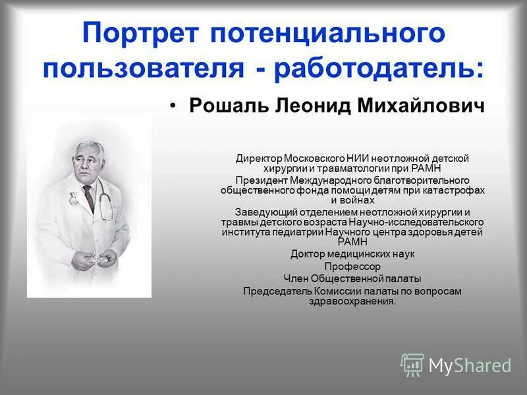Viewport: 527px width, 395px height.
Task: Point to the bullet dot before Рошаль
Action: [174, 107]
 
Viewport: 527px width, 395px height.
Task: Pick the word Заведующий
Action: [266, 211]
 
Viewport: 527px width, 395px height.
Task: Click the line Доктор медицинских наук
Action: [352, 253]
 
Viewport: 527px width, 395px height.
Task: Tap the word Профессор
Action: [352, 266]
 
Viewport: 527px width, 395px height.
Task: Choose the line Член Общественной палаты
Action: [352, 278]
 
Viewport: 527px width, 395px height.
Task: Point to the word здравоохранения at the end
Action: [351, 301]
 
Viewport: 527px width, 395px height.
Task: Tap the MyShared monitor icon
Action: [412, 364]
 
